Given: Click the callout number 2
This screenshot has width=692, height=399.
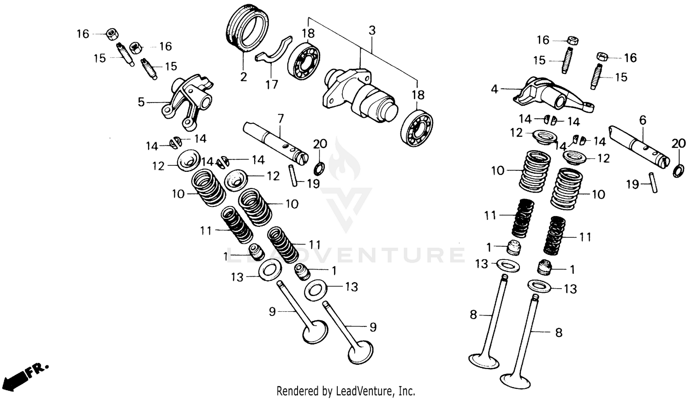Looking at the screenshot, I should click(244, 77).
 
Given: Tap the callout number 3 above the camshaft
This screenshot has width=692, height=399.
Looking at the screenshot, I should click(372, 31).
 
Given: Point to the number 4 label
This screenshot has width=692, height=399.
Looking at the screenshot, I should click(495, 89).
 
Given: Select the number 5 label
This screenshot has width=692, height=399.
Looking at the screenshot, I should click(142, 102).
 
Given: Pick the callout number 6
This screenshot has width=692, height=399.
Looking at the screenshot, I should click(643, 121).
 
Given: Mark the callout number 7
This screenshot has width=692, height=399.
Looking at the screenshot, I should click(280, 118).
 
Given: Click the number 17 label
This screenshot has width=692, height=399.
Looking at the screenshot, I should click(272, 85).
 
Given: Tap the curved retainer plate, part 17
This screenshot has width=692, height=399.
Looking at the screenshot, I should click(274, 50).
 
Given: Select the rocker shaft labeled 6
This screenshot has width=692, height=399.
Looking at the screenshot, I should click(639, 145).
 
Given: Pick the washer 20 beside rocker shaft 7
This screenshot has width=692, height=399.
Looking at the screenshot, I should click(319, 167).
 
